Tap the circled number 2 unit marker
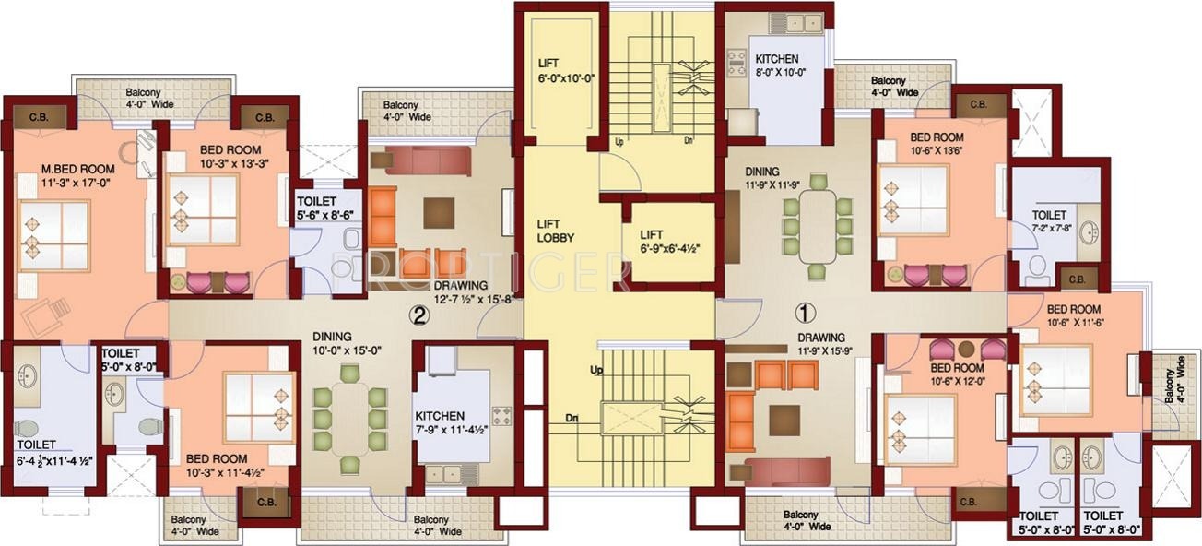419,315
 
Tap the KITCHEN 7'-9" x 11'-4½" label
452,422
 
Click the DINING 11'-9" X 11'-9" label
775,178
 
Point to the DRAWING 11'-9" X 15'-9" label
819,344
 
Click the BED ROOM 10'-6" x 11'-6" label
1072,315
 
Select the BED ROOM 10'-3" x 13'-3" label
229,157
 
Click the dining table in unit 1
818,227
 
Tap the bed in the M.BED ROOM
55,236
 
